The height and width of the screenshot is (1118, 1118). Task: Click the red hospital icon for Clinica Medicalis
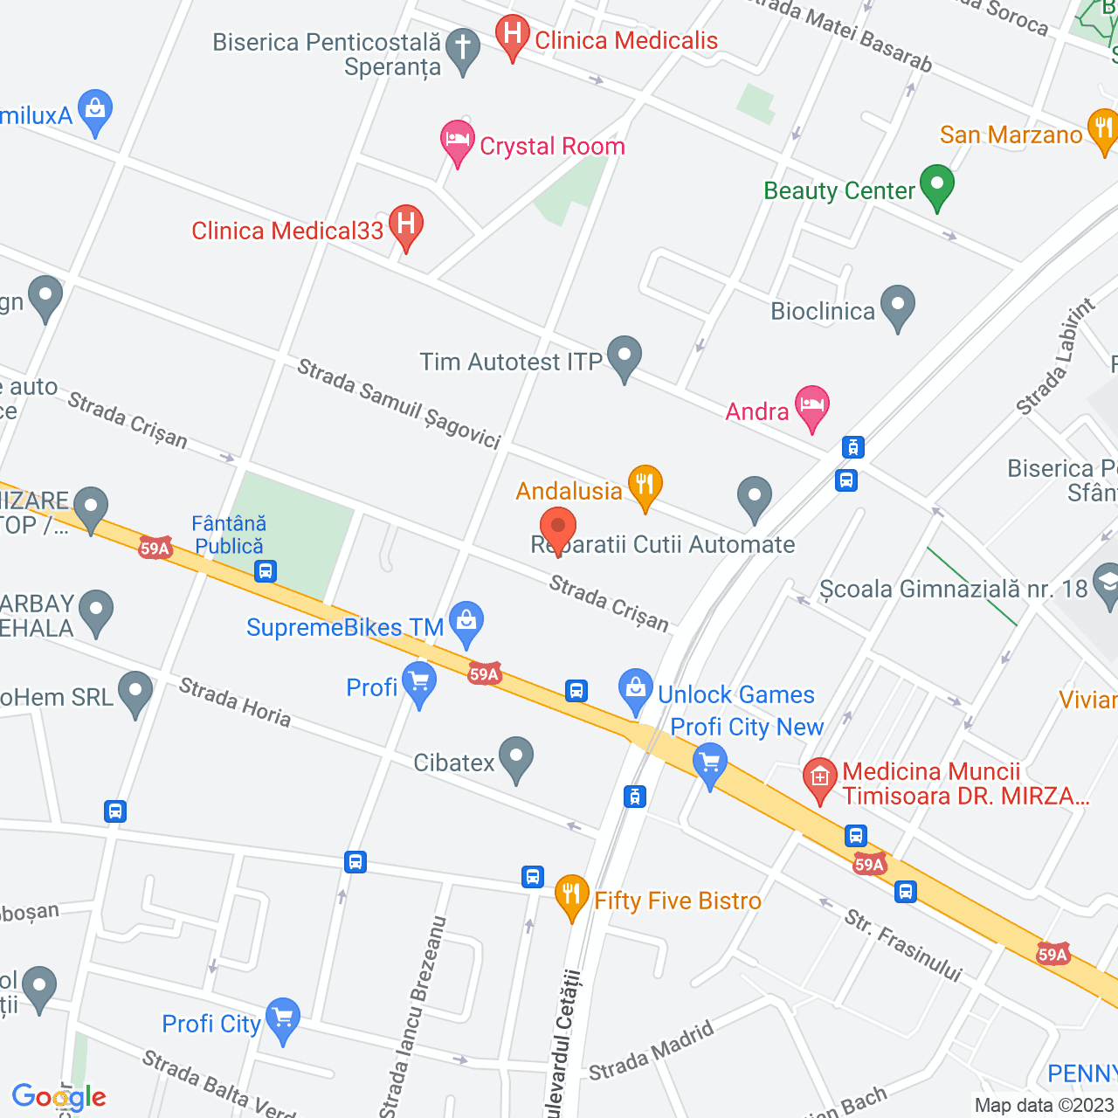pos(512,36)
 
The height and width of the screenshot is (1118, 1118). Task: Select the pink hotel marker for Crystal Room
pos(457,141)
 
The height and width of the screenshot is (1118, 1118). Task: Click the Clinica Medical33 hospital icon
pos(405,224)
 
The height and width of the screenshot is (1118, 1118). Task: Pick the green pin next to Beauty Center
pos(936,185)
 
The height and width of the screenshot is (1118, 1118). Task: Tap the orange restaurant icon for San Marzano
pos(1103,129)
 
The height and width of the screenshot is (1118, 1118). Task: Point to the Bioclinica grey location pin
pos(897,306)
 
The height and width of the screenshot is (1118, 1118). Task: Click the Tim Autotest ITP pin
pos(624,356)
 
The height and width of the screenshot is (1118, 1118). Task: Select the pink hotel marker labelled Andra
pos(811,406)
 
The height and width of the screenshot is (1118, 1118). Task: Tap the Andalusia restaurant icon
pos(645,485)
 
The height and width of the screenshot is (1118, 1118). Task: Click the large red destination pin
pos(557,529)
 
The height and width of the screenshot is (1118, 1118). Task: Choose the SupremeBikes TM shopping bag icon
pos(466,622)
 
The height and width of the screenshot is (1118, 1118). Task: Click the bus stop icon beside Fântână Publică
pos(266,572)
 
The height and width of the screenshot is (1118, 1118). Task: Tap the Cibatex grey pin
pos(515,757)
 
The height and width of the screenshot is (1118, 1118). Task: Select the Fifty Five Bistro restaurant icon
pos(571,894)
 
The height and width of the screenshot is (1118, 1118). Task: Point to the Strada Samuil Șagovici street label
pos(398,404)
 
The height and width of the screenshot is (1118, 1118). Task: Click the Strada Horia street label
pos(234,701)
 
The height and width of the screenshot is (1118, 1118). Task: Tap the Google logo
pos(59,1097)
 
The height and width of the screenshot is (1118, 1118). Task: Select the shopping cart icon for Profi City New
pos(709,763)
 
